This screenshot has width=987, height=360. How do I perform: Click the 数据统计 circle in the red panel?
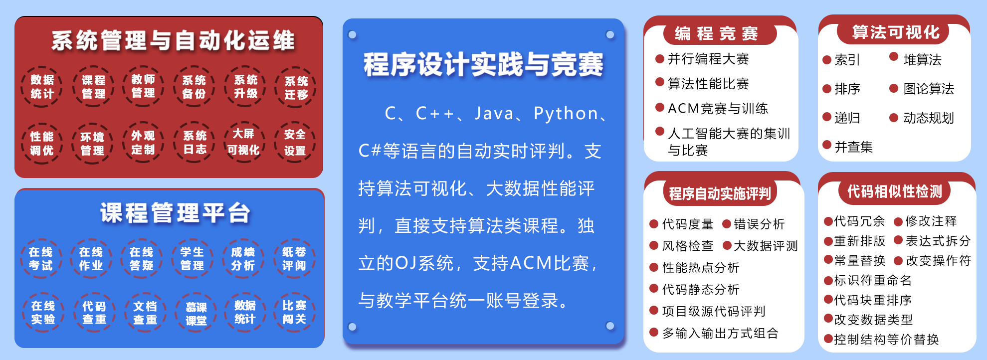pyautogui.click(x=42, y=87)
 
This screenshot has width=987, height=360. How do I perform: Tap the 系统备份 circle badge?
pyautogui.click(x=194, y=87)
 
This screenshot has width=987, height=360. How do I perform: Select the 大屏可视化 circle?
pyautogui.click(x=244, y=142)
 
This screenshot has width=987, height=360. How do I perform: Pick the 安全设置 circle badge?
pyautogui.click(x=295, y=142)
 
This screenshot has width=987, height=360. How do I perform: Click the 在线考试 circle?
pyautogui.click(x=41, y=258)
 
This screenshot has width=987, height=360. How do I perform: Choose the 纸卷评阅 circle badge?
pyautogui.click(x=294, y=258)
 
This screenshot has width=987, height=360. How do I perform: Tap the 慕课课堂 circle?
pyautogui.click(x=196, y=313)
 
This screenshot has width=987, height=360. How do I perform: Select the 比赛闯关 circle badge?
pyautogui.click(x=294, y=313)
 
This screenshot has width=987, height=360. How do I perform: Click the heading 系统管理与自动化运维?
pyautogui.click(x=173, y=40)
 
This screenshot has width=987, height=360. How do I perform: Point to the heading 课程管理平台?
pyautogui.click(x=175, y=213)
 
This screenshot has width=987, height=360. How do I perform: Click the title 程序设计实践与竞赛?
pyautogui.click(x=483, y=65)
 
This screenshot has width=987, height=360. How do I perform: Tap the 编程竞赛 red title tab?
pyautogui.click(x=717, y=33)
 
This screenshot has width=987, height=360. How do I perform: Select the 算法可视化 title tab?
pyautogui.click(x=896, y=32)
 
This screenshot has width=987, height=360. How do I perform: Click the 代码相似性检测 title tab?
pyautogui.click(x=895, y=191)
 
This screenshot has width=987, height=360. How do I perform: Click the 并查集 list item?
pyautogui.click(x=854, y=147)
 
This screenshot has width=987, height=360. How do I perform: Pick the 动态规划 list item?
pyautogui.click(x=929, y=118)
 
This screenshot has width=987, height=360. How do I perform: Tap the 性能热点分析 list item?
pyautogui.click(x=701, y=268)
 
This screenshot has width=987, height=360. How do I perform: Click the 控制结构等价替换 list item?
pyautogui.click(x=887, y=340)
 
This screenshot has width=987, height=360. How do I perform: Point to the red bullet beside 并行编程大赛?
pyautogui.click(x=660, y=58)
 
